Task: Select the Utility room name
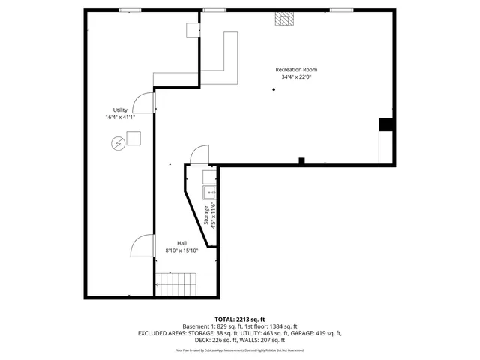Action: [x=120, y=109]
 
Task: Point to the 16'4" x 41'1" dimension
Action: [x=120, y=117]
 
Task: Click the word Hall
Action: [x=181, y=242]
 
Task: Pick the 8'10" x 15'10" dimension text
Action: [x=181, y=250]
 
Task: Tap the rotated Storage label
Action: [x=206, y=217]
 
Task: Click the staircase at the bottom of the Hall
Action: [x=175, y=284]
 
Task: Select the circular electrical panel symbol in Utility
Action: [x=118, y=142]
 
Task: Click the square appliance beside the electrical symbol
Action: [x=133, y=138]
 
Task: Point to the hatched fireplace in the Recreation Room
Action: [x=283, y=19]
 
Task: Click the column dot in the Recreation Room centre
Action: [x=274, y=90]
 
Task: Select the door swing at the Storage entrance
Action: [x=199, y=155]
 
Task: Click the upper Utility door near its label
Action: [x=144, y=103]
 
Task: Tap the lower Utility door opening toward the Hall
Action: [x=143, y=245]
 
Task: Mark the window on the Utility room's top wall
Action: [x=130, y=10]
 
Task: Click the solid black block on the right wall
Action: [x=386, y=124]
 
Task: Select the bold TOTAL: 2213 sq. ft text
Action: [x=239, y=319]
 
